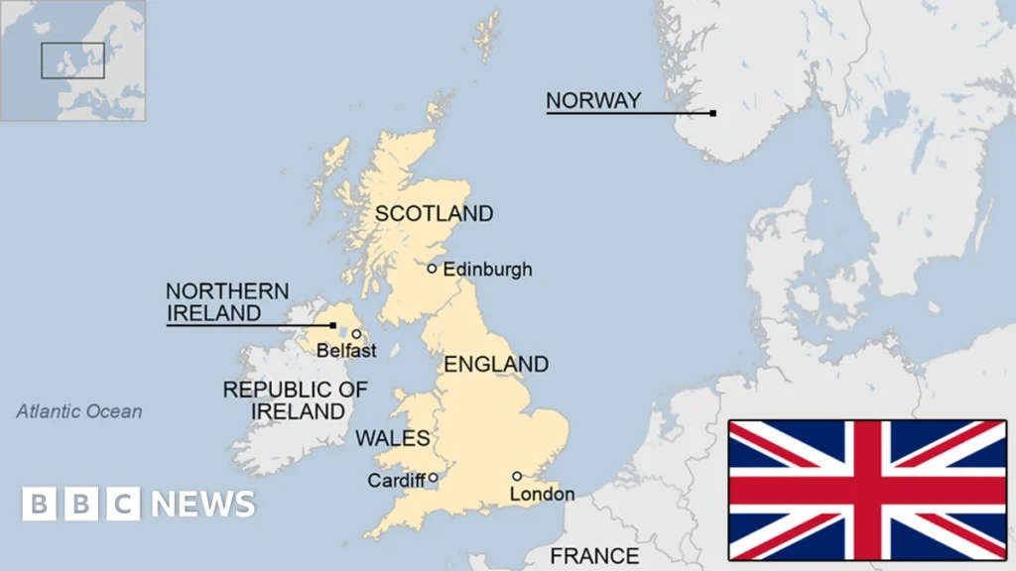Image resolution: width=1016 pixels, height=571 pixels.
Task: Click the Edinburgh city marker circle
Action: [x=432, y=268]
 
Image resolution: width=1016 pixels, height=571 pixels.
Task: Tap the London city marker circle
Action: [x=517, y=476]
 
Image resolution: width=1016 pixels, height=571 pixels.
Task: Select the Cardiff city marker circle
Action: [x=433, y=477]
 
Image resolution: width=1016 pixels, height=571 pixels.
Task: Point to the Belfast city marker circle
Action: [x=356, y=334]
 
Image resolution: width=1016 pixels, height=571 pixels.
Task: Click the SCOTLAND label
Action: [x=434, y=213]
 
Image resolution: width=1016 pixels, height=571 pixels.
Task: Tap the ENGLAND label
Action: [x=495, y=364]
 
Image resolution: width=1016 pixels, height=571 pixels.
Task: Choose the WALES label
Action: [x=392, y=438]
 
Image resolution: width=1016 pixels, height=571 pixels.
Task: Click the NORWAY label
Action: [x=593, y=100]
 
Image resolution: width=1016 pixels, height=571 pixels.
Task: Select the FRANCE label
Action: [x=594, y=555]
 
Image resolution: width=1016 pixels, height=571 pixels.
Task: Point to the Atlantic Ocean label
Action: [x=79, y=411]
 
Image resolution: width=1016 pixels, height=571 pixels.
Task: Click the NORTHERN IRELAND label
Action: [x=227, y=302]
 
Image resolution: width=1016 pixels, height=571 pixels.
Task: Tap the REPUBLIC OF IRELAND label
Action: [x=295, y=400]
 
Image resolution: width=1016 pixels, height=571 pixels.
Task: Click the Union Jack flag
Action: [x=867, y=489]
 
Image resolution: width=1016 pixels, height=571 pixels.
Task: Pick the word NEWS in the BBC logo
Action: [x=203, y=504]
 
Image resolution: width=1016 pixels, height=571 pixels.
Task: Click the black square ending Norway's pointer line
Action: [x=712, y=113]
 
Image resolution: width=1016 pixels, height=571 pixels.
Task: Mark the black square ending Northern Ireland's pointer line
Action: [x=332, y=324]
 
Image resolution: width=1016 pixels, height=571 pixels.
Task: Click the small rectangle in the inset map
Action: [x=72, y=59]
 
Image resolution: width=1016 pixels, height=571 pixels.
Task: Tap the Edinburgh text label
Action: [x=487, y=269]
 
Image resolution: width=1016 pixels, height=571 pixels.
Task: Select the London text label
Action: [x=542, y=494]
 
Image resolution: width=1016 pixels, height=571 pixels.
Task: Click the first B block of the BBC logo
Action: [x=40, y=504]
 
